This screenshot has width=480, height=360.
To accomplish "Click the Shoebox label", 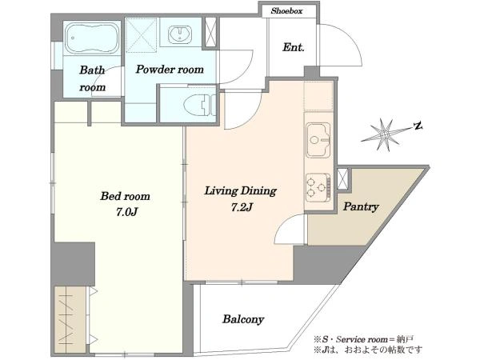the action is (286, 11).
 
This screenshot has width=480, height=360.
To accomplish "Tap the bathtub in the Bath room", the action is (92, 38).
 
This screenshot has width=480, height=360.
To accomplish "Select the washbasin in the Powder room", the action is (180, 34).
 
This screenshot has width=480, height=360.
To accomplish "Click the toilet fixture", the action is (199, 105).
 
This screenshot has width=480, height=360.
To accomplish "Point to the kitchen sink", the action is (318, 140).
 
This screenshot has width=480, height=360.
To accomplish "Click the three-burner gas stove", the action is (318, 186).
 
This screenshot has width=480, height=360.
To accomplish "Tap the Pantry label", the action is (361, 206).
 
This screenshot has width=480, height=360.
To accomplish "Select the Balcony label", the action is (243, 319).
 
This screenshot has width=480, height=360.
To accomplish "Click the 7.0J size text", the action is (126, 212).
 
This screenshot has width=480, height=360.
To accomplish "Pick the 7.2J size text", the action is (242, 207).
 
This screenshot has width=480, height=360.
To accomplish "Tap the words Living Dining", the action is (240, 190).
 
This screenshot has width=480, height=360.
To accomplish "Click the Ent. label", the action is (294, 47).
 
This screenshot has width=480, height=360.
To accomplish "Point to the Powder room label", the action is (170, 70).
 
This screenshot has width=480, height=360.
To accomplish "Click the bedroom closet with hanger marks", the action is (70, 319).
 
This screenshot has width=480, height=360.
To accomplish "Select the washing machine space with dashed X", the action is (141, 35).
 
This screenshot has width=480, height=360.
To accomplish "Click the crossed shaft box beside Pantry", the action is (342, 178).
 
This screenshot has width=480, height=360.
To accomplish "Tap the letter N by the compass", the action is (418, 126).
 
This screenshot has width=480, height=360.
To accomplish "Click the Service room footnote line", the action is (363, 339).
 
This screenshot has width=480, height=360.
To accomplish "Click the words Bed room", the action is (126, 196).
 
